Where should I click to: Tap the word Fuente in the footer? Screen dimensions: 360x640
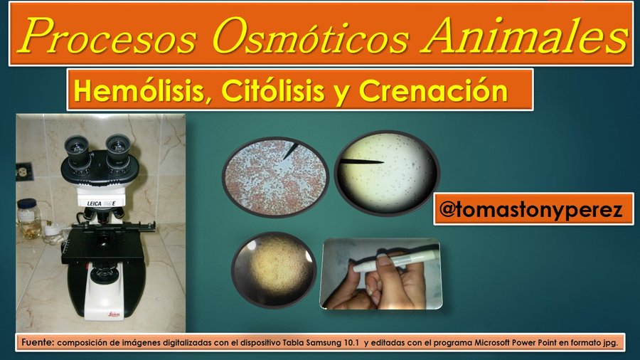point(37,343)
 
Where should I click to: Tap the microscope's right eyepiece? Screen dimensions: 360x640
point(117,145)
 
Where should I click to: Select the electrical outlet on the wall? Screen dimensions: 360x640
point(22,171)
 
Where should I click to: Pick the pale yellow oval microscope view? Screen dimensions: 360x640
point(387,171)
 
